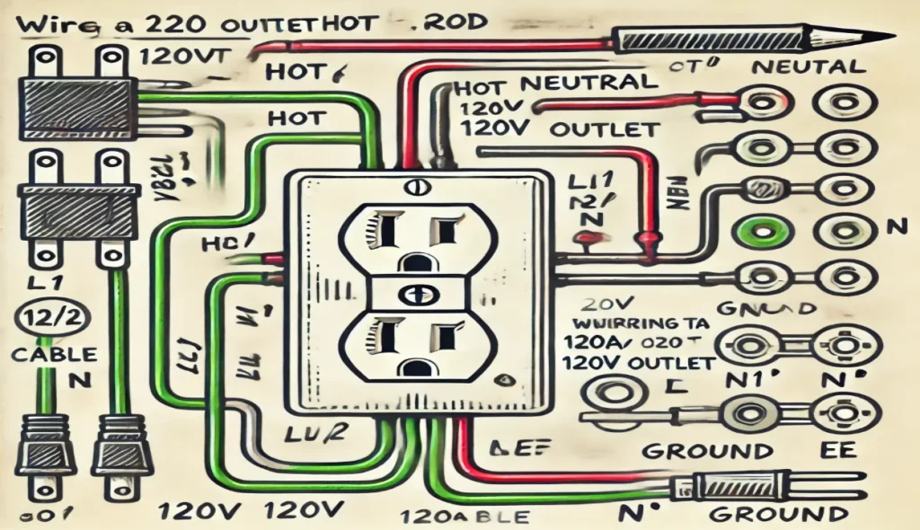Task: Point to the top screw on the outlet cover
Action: coord(415,189)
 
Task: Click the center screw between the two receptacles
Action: coord(415,295)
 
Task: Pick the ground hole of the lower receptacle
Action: coord(415,367)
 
